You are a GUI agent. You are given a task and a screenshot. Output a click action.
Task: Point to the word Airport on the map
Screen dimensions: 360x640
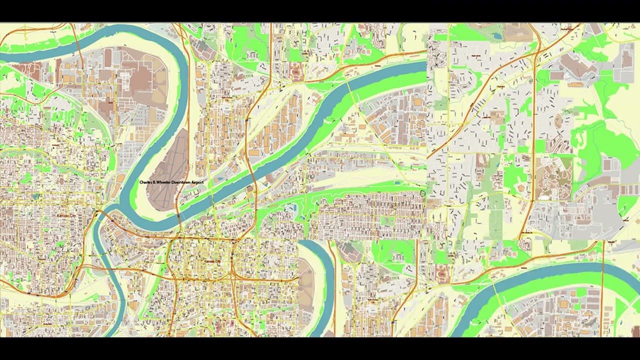click(x=198, y=183)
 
